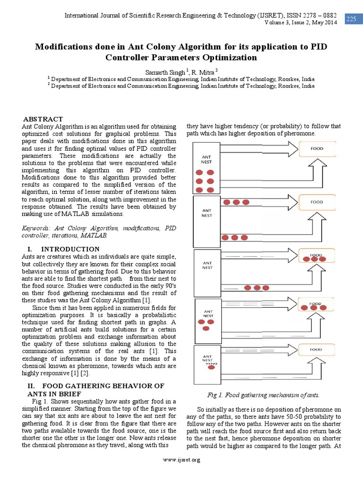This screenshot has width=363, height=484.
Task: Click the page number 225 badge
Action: [x=351, y=19]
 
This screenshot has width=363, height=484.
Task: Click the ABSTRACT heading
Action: [x=43, y=119]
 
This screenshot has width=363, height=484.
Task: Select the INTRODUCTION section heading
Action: [x=70, y=249]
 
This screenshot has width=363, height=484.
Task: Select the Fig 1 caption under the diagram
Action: [x=263, y=395]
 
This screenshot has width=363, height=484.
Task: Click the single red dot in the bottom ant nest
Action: [x=211, y=369]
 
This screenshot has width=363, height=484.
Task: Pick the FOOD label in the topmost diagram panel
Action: [x=317, y=148]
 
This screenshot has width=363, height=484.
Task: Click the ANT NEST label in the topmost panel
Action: [x=207, y=159]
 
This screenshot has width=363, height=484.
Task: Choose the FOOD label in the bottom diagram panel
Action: [x=316, y=349]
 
